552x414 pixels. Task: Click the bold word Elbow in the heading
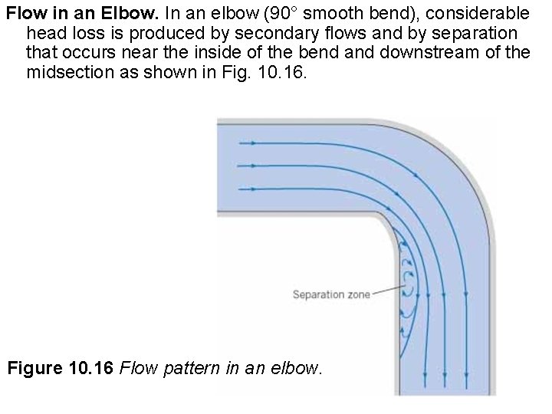click(123, 14)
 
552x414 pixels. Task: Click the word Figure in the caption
click(57, 369)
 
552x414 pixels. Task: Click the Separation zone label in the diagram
click(331, 294)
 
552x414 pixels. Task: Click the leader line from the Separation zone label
click(388, 291)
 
